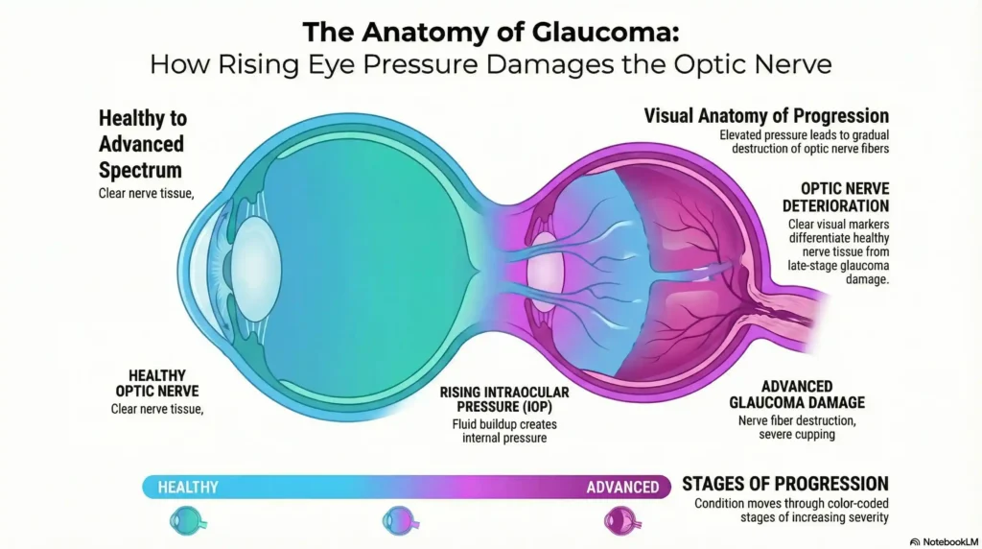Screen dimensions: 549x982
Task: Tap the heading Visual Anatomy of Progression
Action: point(765,116)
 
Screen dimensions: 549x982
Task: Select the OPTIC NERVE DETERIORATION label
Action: point(843,197)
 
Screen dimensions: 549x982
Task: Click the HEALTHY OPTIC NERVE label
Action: point(157,383)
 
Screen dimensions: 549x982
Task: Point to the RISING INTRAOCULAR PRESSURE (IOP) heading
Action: point(503,399)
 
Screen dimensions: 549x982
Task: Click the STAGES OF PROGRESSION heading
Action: point(784,483)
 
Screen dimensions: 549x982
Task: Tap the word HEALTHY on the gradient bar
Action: point(188,487)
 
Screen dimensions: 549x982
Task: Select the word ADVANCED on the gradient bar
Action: point(622,487)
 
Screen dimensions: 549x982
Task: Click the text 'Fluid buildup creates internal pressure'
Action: point(503,431)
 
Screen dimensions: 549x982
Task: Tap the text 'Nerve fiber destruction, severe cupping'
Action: point(798,426)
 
